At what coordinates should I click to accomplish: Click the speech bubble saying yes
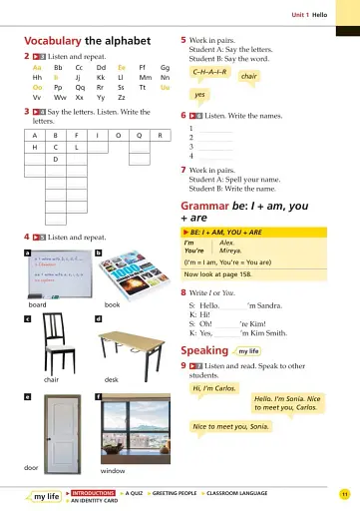coord(199,95)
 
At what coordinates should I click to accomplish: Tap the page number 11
coord(344,494)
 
